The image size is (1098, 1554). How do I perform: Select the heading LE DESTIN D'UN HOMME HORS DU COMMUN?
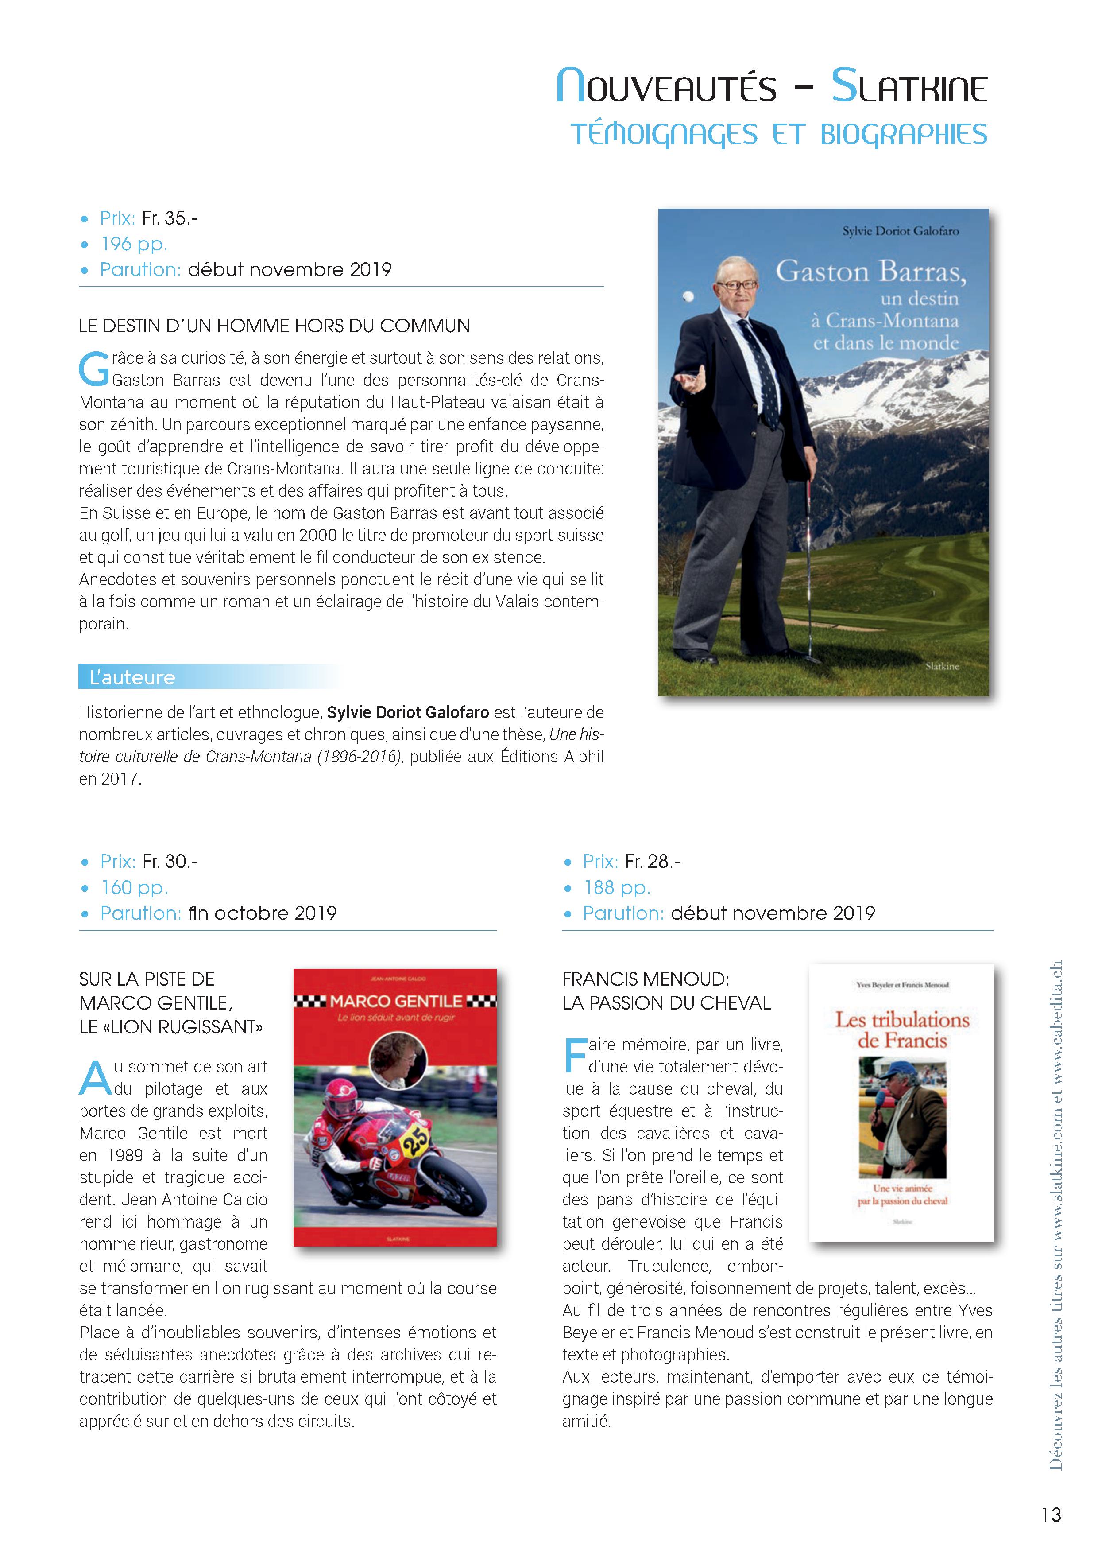click(274, 326)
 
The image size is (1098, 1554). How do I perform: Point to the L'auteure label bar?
click(210, 677)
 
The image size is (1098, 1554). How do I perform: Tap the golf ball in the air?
click(689, 296)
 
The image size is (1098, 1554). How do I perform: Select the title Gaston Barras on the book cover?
click(870, 272)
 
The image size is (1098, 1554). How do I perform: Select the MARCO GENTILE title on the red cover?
click(396, 1001)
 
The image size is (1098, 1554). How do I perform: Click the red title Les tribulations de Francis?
click(902, 1030)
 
